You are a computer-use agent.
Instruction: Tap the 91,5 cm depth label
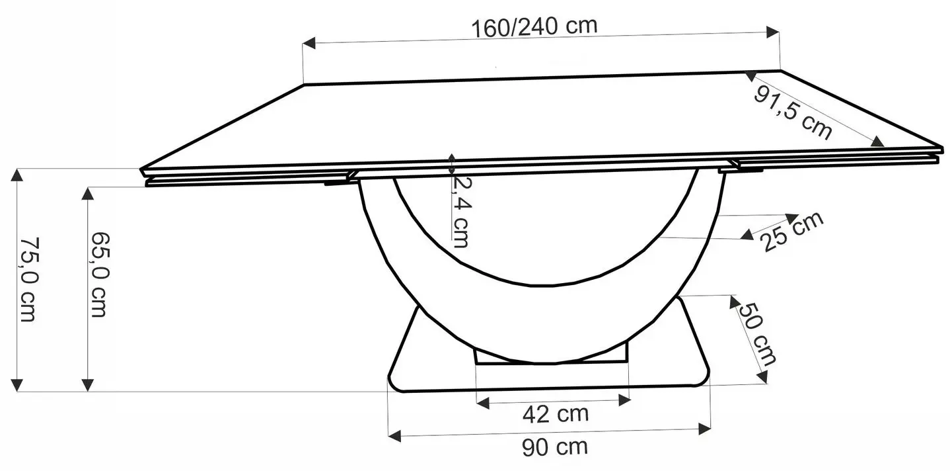792,112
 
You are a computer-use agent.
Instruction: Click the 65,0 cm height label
98,274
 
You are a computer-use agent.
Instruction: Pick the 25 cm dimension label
791,232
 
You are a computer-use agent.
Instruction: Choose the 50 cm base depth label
757,334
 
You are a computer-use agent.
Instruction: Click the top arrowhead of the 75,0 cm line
17,176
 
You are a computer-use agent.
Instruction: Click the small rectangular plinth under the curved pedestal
551,357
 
